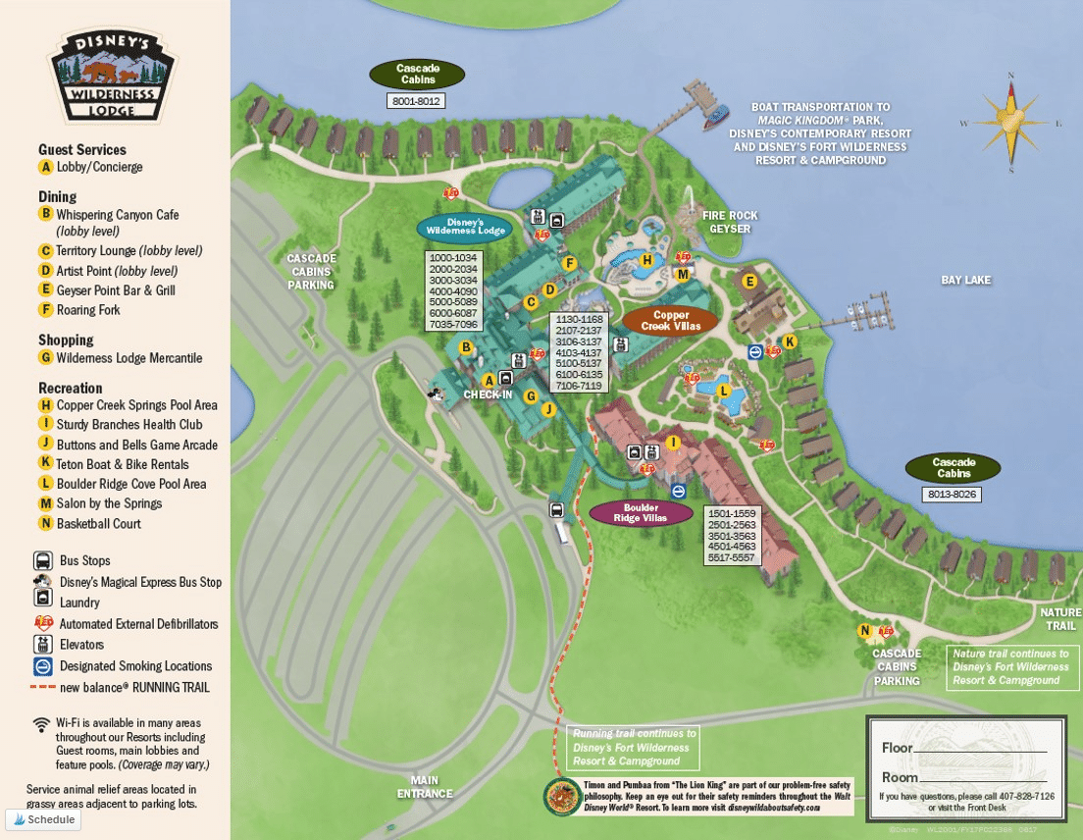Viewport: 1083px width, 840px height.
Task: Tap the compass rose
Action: pos(1009,122)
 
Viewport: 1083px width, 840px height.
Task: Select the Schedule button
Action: pos(44,819)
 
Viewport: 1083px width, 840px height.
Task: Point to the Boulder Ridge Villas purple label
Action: pos(641,513)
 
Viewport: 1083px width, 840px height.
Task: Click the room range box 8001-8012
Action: pos(417,101)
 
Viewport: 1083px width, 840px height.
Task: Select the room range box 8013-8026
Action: pos(952,494)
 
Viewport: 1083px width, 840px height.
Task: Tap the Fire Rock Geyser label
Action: pos(730,222)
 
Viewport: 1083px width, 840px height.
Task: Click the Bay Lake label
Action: pos(966,281)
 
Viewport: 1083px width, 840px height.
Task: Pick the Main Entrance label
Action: pos(426,787)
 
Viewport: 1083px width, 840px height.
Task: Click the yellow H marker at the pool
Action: pos(646,260)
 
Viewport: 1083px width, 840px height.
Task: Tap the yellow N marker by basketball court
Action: pos(864,631)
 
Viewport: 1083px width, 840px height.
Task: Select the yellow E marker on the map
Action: pos(750,283)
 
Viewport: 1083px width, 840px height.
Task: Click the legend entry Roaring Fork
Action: pos(88,310)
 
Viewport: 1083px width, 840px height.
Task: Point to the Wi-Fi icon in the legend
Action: pos(41,725)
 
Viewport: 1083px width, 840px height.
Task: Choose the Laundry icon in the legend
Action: pos(43,601)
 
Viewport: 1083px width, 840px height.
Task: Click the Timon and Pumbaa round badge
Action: pos(562,797)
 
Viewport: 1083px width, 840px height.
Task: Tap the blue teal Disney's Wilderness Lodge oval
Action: pos(465,227)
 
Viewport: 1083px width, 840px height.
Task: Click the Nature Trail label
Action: pos(1060,619)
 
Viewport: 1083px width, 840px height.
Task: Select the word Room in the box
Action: pos(899,777)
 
